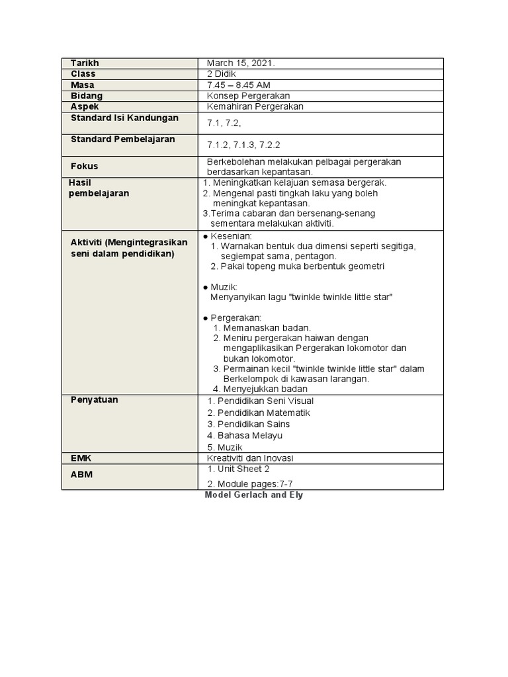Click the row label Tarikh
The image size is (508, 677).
pyautogui.click(x=84, y=63)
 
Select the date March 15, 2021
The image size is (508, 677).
pyautogui.click(x=241, y=63)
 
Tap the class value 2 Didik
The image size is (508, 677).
pyautogui.click(x=221, y=74)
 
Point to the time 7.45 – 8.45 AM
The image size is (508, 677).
pyautogui.click(x=238, y=85)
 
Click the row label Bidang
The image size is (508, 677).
pyautogui.click(x=87, y=96)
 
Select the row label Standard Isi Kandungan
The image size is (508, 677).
pyautogui.click(x=124, y=118)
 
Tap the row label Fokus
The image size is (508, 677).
pyautogui.click(x=84, y=166)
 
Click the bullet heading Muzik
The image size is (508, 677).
pyautogui.click(x=224, y=287)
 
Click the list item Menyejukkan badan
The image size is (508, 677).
pyautogui.click(x=265, y=389)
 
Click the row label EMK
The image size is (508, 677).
pyautogui.click(x=80, y=458)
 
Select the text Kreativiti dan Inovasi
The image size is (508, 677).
pyautogui.click(x=250, y=458)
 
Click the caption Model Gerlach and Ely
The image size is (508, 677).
pyautogui.click(x=254, y=495)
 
